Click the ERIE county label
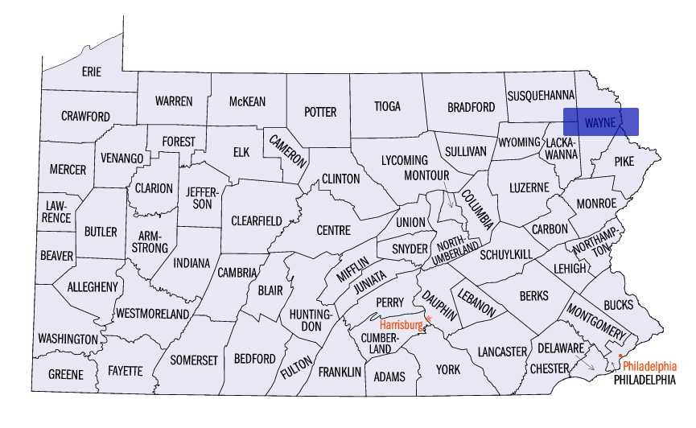pyautogui.click(x=92, y=72)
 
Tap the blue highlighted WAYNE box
pyautogui.click(x=600, y=121)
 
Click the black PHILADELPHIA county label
pyautogui.click(x=645, y=380)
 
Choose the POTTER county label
pyautogui.click(x=320, y=112)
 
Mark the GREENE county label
pyautogui.click(x=65, y=374)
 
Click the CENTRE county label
pyautogui.click(x=333, y=230)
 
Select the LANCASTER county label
pyautogui.click(x=501, y=352)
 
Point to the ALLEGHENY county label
pyautogui.click(x=93, y=286)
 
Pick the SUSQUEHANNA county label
pyautogui.click(x=541, y=96)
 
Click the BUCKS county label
pyautogui.click(x=618, y=305)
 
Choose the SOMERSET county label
pyautogui.click(x=194, y=360)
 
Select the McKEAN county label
pyautogui.click(x=247, y=101)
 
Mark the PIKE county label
pyautogui.click(x=624, y=162)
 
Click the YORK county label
pyautogui.click(x=448, y=369)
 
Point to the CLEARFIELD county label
pyautogui.click(x=257, y=220)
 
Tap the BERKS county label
pyautogui.click(x=533, y=296)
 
